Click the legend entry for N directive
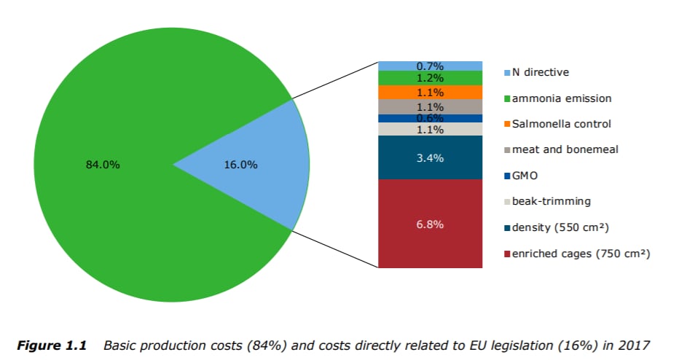[540, 72]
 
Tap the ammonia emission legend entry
[561, 98]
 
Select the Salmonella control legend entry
[562, 124]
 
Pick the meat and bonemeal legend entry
[565, 149]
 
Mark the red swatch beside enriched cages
[507, 254]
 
